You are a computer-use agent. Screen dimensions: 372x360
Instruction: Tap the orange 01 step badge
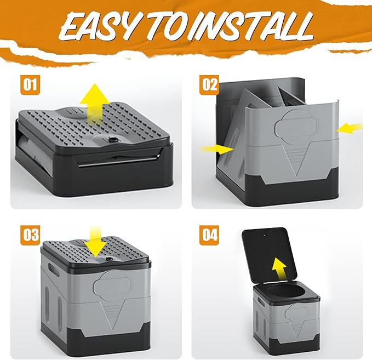pos(30,84)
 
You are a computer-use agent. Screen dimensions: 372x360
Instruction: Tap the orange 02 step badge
pos(209,84)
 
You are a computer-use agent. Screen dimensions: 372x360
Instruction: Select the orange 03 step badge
pos(31,234)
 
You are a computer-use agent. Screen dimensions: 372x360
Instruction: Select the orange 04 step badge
pos(209,234)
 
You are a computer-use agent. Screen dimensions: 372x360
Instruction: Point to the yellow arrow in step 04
pos(279,270)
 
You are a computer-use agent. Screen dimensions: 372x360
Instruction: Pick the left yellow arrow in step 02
pos(217,149)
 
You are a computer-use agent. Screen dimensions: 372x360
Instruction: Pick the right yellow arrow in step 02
pos(350,128)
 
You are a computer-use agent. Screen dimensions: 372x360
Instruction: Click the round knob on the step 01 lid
pos(112,140)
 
